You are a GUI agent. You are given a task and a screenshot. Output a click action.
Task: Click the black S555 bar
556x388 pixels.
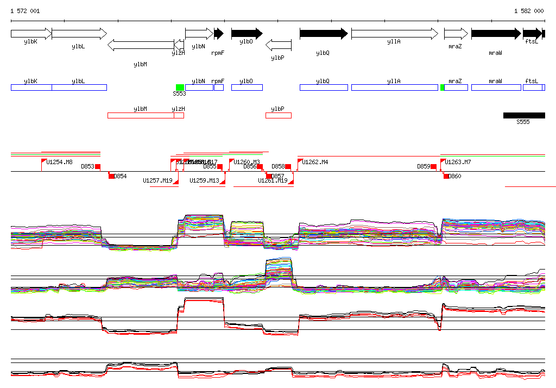pyautogui.click(x=524, y=115)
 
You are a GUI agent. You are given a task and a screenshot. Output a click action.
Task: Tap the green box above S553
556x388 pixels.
pyautogui.click(x=180, y=87)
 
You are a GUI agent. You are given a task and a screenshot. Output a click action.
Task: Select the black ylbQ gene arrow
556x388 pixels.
pyautogui.click(x=324, y=34)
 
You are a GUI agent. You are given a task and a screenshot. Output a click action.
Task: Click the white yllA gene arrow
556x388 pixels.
pyautogui.click(x=394, y=34)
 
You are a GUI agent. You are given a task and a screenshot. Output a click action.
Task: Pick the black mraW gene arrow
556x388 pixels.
pyautogui.click(x=496, y=34)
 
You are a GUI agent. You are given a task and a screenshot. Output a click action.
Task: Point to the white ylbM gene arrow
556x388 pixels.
pyautogui.click(x=141, y=45)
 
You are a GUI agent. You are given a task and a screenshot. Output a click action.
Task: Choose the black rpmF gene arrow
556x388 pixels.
pyautogui.click(x=219, y=34)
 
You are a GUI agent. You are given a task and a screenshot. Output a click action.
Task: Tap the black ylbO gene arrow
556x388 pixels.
pyautogui.click(x=247, y=34)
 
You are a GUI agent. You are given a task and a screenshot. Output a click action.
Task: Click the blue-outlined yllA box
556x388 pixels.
pyautogui.click(x=394, y=87)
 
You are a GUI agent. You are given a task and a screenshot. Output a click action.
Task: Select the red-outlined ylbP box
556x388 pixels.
pyautogui.click(x=279, y=115)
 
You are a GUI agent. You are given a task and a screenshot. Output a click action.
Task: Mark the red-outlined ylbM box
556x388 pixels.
pyautogui.click(x=141, y=115)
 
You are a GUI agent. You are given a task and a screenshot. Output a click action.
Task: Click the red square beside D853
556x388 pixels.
pyautogui.click(x=98, y=166)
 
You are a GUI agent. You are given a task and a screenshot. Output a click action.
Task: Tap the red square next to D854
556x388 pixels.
pyautogui.click(x=111, y=176)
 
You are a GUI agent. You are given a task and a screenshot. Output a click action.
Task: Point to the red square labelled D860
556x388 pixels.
pyautogui.click(x=446, y=176)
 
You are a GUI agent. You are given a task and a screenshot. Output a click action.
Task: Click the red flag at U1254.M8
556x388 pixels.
pyautogui.click(x=44, y=161)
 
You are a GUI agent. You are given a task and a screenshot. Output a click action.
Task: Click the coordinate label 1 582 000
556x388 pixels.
pyautogui.click(x=528, y=11)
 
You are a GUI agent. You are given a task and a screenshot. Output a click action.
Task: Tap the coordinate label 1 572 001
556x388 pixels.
pyautogui.click(x=25, y=11)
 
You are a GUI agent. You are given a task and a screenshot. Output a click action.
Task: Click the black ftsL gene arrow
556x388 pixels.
pyautogui.click(x=533, y=34)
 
